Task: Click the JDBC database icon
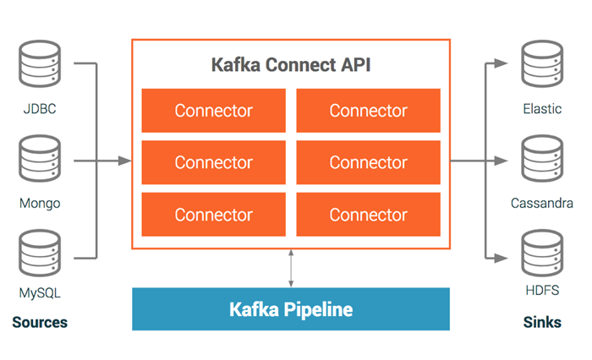point(40,63)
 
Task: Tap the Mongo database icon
point(40,159)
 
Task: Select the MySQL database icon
point(40,254)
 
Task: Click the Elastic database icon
point(542,63)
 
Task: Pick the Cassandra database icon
point(542,159)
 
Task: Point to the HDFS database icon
point(542,254)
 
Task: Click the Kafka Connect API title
point(291,65)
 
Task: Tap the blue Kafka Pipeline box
point(291,309)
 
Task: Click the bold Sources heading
point(40,322)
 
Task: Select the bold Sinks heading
point(542,322)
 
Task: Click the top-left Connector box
point(214,111)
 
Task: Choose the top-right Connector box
point(368,111)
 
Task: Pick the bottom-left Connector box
point(214,215)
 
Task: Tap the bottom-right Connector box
point(368,215)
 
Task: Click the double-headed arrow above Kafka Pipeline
point(291,268)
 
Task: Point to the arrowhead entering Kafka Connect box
point(124,161)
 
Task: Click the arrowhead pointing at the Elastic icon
point(501,63)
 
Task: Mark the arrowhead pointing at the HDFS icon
point(501,258)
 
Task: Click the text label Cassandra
point(542,204)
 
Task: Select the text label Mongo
point(40,204)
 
